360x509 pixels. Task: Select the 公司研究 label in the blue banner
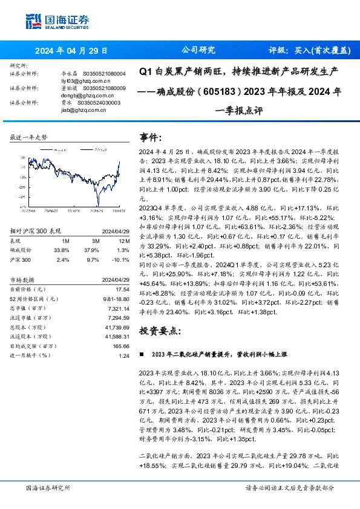[198, 51]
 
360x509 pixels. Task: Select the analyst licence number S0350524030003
[101, 103]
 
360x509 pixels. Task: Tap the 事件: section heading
[151, 137]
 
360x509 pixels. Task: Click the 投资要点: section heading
[160, 331]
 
